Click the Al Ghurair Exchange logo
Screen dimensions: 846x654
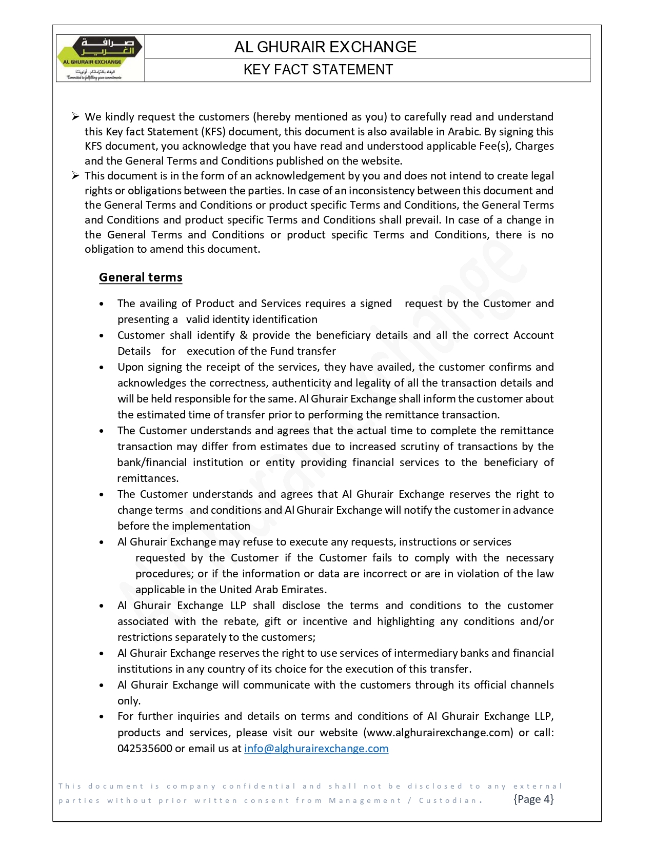click(100, 58)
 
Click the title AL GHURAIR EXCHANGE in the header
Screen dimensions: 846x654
click(325, 47)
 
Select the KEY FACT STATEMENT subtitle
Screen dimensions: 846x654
click(318, 70)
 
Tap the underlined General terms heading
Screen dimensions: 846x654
click(141, 277)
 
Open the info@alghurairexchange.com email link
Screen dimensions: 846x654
click(316, 749)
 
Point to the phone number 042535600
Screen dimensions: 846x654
click(145, 749)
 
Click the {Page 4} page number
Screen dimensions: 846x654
click(533, 799)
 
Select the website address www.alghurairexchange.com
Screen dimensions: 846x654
click(439, 733)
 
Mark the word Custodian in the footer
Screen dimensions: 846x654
click(450, 800)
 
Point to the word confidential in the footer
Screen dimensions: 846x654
click(259, 786)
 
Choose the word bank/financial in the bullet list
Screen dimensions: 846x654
click(152, 462)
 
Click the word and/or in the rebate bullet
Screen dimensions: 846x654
click(537, 621)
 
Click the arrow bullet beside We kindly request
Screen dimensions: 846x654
click(75, 117)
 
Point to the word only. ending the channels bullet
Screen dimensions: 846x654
click(129, 701)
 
